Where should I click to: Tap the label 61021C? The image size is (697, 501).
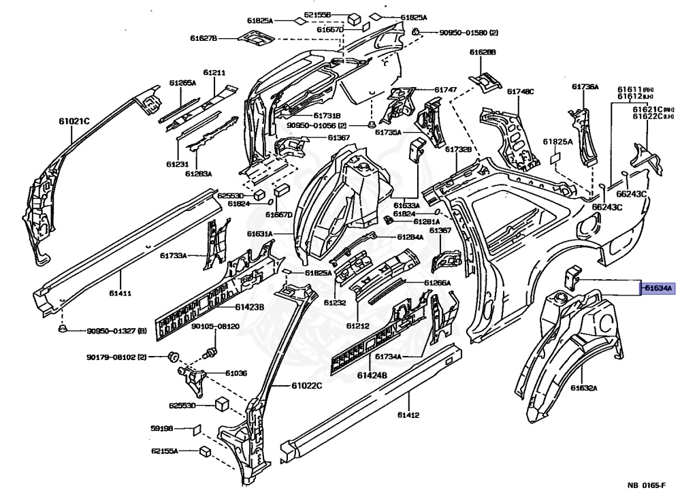[74, 121]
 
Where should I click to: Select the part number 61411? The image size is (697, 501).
[120, 294]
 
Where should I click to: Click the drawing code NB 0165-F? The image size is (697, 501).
[646, 485]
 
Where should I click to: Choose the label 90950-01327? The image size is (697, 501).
[110, 332]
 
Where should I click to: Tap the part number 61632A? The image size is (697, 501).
[584, 388]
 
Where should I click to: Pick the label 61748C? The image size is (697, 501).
[521, 91]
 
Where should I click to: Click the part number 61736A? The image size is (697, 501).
[585, 86]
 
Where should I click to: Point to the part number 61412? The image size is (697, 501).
[408, 415]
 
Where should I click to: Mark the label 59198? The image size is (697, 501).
[162, 429]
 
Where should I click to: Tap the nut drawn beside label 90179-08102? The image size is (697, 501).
[173, 355]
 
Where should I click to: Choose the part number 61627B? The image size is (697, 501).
[204, 38]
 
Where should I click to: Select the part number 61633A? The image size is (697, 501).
[407, 205]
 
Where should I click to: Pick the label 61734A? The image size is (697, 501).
[389, 357]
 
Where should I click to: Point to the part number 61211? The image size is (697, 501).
[214, 72]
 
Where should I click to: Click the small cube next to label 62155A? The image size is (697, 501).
[204, 451]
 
